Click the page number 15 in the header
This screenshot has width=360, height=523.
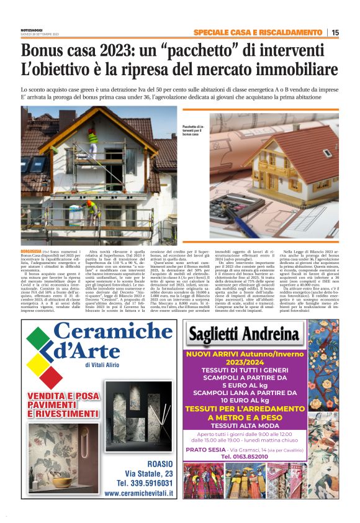tap(335, 32)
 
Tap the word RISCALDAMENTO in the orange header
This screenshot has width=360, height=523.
tap(287, 32)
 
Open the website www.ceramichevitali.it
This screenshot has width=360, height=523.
tap(139, 493)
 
